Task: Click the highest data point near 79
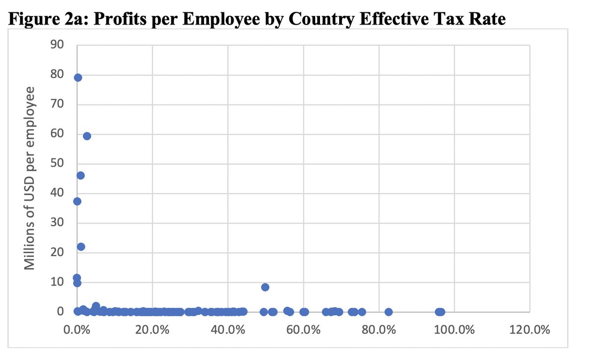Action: click(x=78, y=77)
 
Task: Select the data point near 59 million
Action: click(x=87, y=136)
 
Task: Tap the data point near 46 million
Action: click(x=80, y=175)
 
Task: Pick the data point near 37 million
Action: click(x=77, y=201)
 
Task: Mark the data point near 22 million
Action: click(x=81, y=246)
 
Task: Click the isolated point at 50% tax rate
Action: click(x=265, y=287)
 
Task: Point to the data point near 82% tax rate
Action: click(x=388, y=311)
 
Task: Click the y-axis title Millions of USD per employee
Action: click(x=30, y=178)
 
